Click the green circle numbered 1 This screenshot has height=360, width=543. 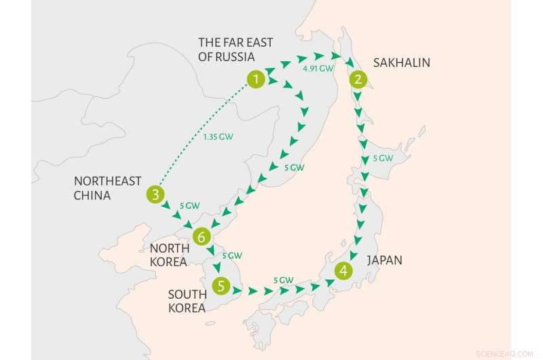click(x=255, y=79)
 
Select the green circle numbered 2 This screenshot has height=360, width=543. click(x=357, y=79)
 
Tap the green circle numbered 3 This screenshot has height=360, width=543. click(x=155, y=196)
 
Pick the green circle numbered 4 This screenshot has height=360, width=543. click(x=344, y=270)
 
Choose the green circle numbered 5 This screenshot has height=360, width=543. click(x=221, y=286)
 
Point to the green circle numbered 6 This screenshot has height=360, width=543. click(x=201, y=236)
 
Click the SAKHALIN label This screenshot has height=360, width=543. click(x=402, y=63)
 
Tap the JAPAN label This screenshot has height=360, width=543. click(x=384, y=260)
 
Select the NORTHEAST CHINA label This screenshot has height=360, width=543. click(x=108, y=188)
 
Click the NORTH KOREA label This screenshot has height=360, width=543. click(x=170, y=255)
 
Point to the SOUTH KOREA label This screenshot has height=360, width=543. click(x=187, y=300)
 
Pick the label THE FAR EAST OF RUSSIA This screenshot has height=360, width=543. click(x=236, y=50)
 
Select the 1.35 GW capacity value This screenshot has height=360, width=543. click(x=218, y=137)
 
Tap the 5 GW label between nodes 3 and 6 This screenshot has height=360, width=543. click(x=189, y=205)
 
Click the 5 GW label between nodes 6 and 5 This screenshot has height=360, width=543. click(x=232, y=256)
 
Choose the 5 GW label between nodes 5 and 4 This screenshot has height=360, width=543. click(x=282, y=279)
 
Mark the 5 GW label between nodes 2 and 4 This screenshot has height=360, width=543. click(x=383, y=159)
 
